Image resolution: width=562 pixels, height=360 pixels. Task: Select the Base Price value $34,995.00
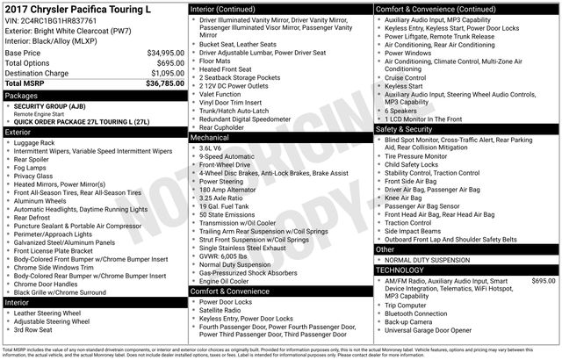pos(165,53)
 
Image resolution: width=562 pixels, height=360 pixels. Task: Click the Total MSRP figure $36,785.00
pos(165,83)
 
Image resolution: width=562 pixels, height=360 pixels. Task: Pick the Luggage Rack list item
pos(34,142)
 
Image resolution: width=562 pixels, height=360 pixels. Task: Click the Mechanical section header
pos(210,138)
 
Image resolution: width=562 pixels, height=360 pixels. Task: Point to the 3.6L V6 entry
pos(212,148)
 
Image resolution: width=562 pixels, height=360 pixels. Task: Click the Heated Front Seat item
pos(227,69)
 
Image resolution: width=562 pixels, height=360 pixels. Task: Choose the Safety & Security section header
pos(407,128)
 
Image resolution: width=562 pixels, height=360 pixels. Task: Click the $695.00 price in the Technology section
pos(544,281)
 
